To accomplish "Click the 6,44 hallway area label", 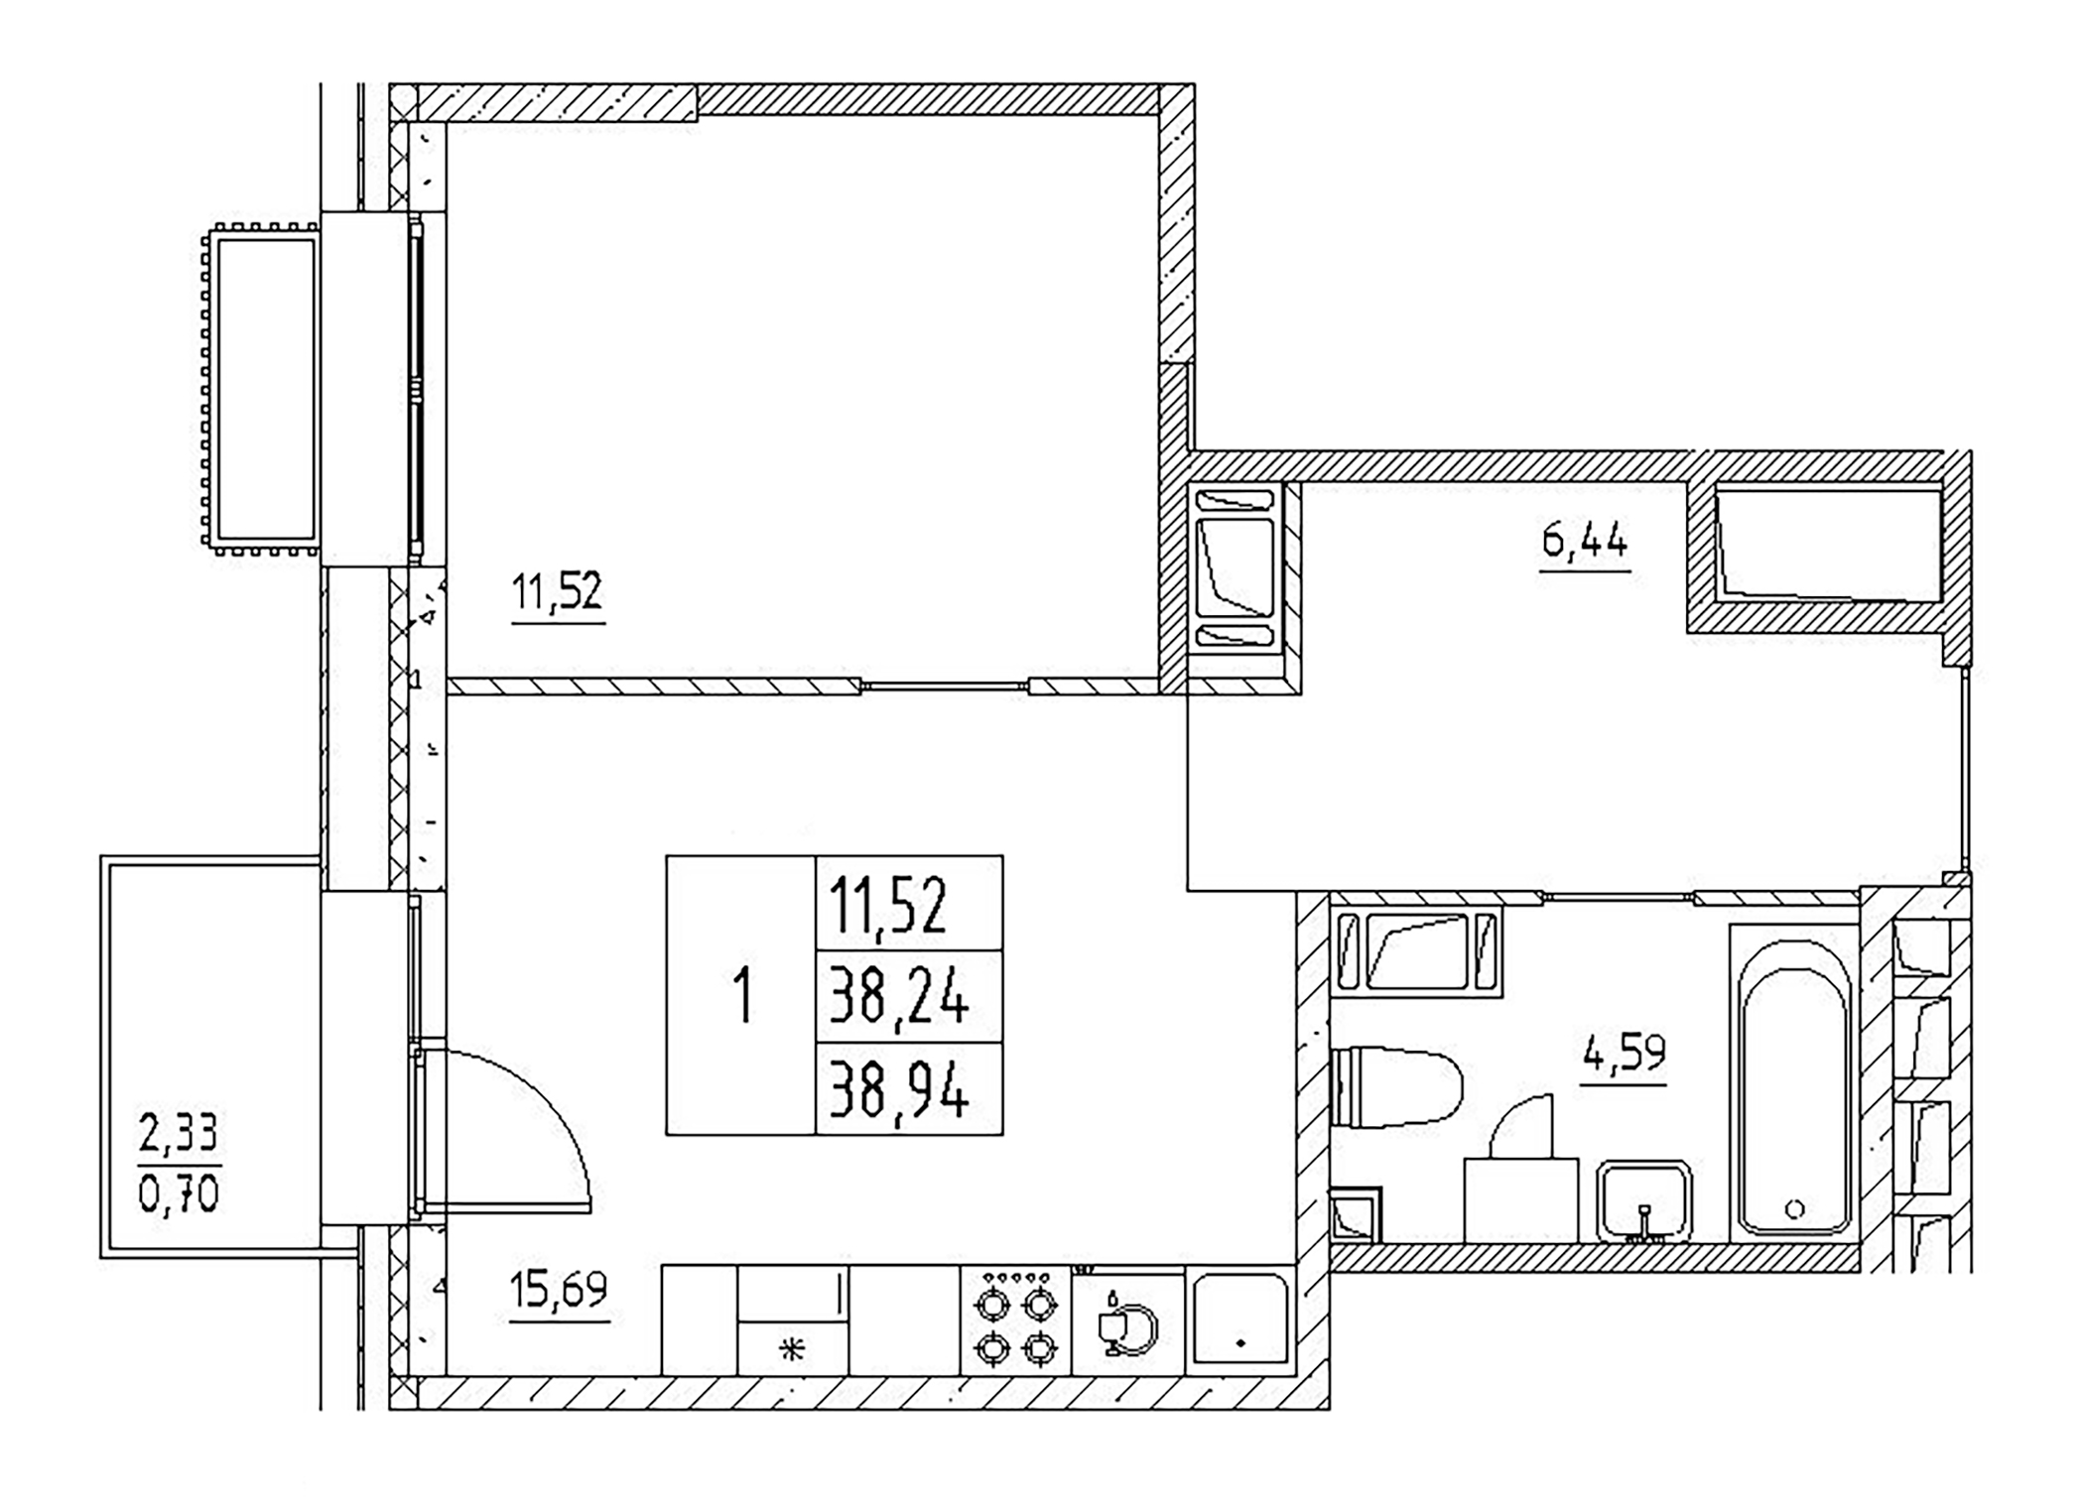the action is (x=1585, y=543).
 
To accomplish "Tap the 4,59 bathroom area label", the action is (x=1624, y=1054).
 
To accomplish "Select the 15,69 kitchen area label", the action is (x=559, y=1291).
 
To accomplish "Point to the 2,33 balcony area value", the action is (x=179, y=1132).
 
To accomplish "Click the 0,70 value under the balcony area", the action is (x=179, y=1194).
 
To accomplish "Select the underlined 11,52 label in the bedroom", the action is (x=558, y=592).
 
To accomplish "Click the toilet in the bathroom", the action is (x=1396, y=1087).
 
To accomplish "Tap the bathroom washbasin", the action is (x=1643, y=1200).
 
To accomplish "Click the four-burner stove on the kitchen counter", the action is (x=1016, y=1322).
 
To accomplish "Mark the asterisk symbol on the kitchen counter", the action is (x=792, y=1349).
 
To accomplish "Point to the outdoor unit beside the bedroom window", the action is (x=260, y=388).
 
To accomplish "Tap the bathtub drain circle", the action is (x=1794, y=1208).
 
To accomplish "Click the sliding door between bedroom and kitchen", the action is (x=944, y=686).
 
